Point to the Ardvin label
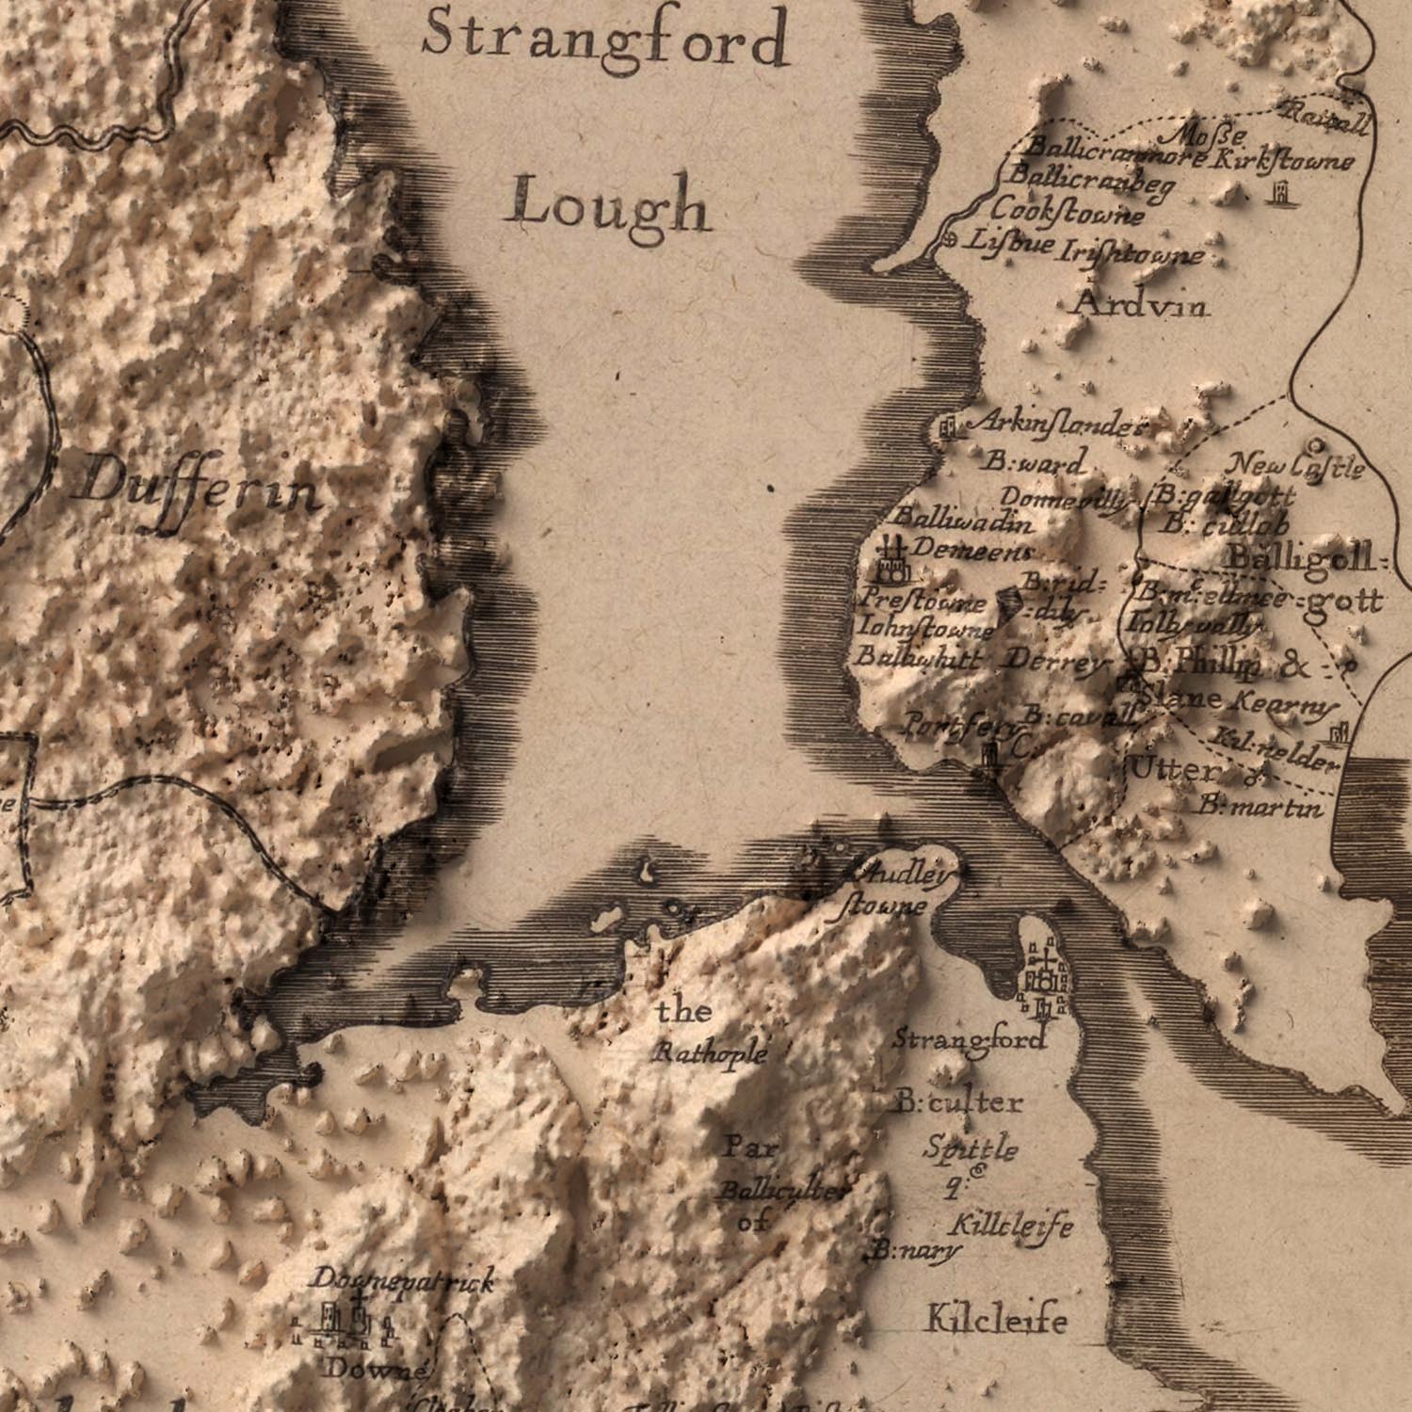coord(1141,304)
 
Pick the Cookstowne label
coord(1067,212)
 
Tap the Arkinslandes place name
coord(1056,425)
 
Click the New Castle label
coord(1296,465)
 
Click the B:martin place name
coord(1260,807)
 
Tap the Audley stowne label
coord(892,890)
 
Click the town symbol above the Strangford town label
coord(1042,980)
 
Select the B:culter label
coord(958,1101)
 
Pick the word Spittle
coord(970,1148)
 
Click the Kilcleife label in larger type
coord(997,1320)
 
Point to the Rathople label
coord(711,1051)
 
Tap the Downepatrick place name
coord(402,1280)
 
